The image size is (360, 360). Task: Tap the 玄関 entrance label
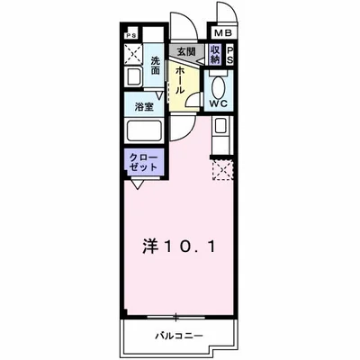(185, 52)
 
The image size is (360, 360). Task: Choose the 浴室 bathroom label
(143, 106)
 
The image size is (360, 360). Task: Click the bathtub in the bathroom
(143, 131)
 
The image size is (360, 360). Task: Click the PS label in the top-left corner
(133, 37)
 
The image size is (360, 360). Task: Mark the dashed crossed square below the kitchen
(221, 169)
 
